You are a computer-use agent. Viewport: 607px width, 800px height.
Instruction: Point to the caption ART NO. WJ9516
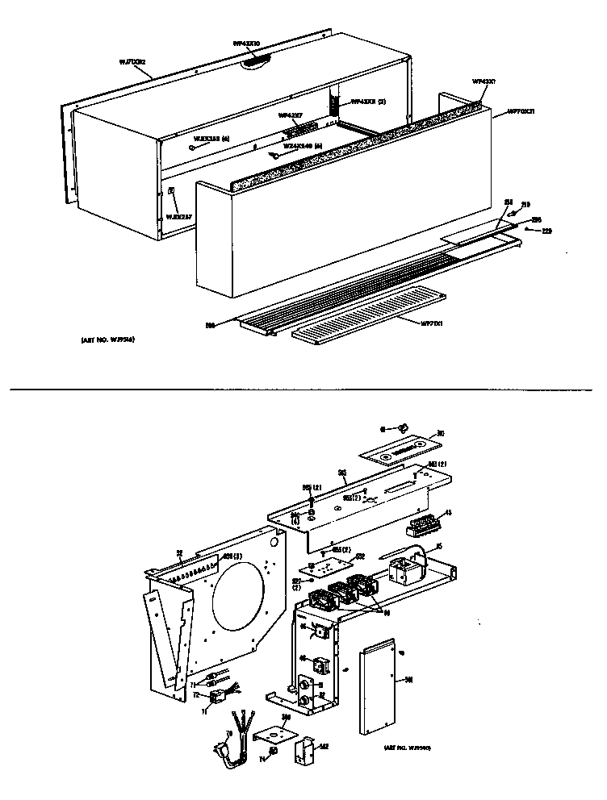click(107, 340)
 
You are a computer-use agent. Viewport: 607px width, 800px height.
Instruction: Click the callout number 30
click(441, 432)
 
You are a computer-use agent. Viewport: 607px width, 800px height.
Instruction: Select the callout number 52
click(178, 552)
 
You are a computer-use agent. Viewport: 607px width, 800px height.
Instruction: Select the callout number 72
click(195, 694)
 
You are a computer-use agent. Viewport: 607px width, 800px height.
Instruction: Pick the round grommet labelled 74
click(273, 751)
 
